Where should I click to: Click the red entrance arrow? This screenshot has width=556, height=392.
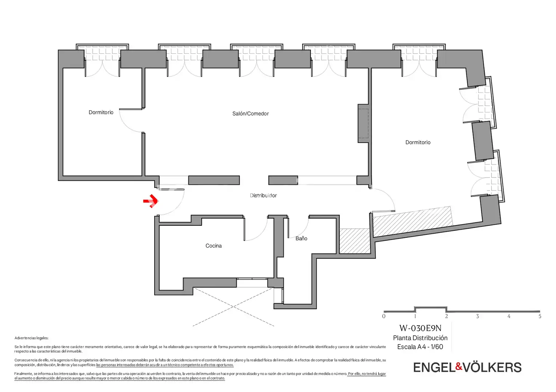pos(151,201)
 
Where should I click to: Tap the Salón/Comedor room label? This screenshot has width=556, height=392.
pos(251,114)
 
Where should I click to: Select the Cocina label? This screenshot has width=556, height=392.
pos(213,246)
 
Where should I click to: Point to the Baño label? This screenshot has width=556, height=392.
pos(301,238)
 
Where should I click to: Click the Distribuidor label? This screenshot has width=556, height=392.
pos(263,196)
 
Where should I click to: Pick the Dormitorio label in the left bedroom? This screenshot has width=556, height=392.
pos(101,113)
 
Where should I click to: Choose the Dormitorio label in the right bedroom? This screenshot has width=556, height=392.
pos(418,143)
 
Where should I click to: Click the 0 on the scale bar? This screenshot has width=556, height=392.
pos(384,317)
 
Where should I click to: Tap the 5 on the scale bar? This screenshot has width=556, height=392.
pos(540,317)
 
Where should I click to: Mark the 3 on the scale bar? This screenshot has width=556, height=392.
pos(477,317)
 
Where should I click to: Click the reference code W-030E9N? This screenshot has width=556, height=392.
pos(420,328)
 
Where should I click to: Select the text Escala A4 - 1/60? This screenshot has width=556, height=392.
pos(420,347)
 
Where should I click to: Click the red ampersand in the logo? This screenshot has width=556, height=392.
pos(459,366)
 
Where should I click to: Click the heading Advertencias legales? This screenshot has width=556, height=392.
pos(32,338)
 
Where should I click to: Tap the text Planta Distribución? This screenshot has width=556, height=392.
pos(420,338)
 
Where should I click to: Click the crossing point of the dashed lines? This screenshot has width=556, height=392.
pos(233,307)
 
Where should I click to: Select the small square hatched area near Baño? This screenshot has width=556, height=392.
pos(355,241)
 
